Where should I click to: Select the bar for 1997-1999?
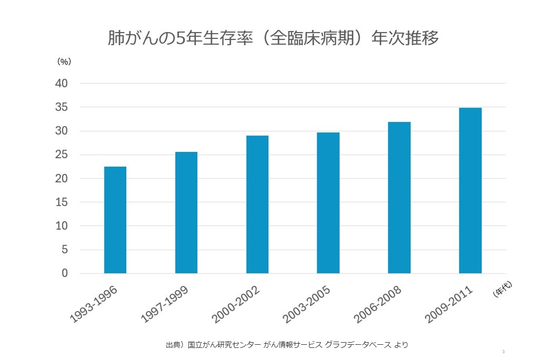coord(186,212)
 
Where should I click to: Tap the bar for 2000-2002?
coord(257,204)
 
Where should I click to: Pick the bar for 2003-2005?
coord(328,203)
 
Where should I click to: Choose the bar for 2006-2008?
coord(399,198)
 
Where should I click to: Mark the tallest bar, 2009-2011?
coord(470,190)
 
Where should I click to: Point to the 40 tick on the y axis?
coord(62,84)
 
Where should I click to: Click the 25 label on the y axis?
coord(62,155)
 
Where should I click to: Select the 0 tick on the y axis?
coord(65,273)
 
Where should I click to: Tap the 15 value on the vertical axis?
coord(62,202)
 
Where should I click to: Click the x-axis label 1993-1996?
coord(94,305)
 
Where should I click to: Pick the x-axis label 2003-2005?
coord(307,305)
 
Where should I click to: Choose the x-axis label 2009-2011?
coord(449,305)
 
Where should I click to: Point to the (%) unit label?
coord(64,61)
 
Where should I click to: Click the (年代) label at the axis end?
coord(503,290)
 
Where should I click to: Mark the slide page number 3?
coord(503,352)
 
